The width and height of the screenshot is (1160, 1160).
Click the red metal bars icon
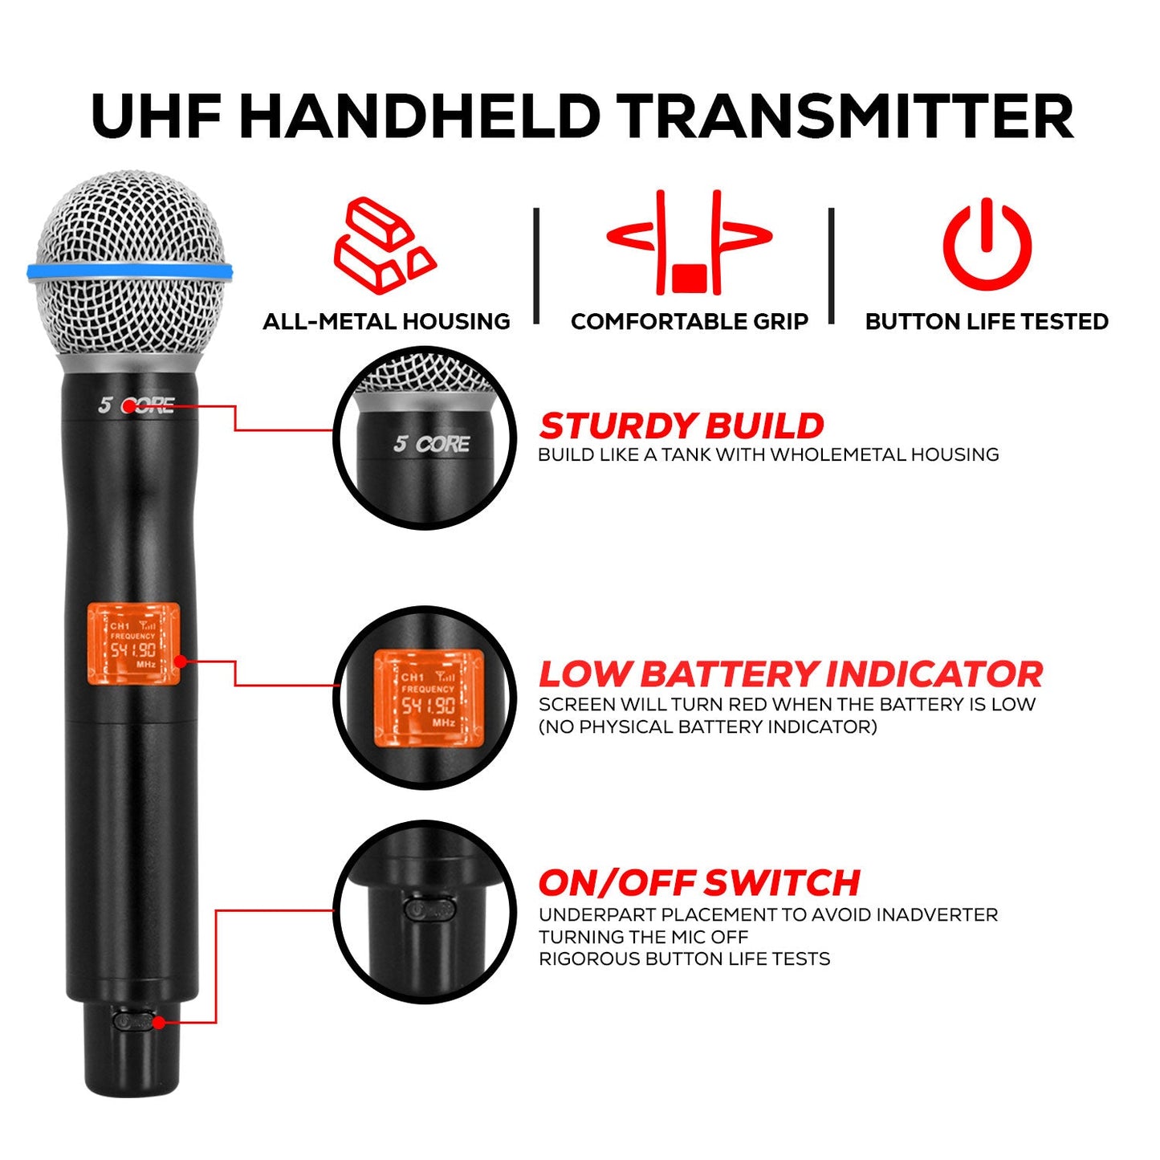coord(385,244)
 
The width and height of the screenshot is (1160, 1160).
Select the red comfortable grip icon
coord(689,242)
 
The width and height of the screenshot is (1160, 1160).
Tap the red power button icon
coord(987,244)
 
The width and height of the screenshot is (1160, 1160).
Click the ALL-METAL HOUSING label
coord(386,322)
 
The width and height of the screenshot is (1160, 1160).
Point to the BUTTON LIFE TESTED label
coord(987,322)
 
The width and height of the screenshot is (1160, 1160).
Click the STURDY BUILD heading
coord(682,425)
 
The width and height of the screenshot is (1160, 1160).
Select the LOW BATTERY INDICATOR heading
coord(790,674)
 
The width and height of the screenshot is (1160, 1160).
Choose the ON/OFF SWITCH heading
coord(698,883)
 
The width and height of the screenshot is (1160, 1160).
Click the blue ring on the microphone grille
coord(130,271)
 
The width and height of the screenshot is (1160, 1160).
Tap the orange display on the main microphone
coord(133,645)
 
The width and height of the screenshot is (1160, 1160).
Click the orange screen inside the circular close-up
coord(429,698)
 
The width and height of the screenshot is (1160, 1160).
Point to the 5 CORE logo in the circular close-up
coord(431,444)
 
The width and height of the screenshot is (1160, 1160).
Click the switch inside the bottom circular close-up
coord(430,910)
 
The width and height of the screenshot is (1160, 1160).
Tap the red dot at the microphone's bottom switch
coord(159,1022)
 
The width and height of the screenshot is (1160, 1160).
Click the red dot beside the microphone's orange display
coord(181,661)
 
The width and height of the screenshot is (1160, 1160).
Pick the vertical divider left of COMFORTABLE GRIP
coord(536,265)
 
